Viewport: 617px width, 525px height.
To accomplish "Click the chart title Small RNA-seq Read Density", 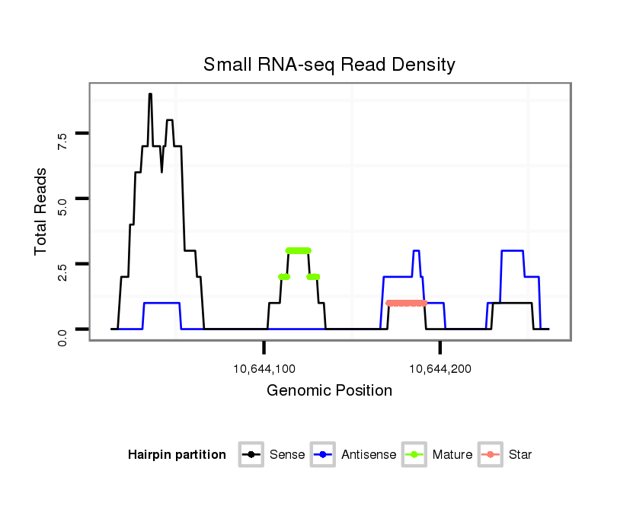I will pyautogui.click(x=329, y=65).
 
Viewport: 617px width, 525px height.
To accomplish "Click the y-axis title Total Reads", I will pyautogui.click(x=42, y=211).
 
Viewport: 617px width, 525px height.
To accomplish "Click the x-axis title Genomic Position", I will pyautogui.click(x=329, y=391).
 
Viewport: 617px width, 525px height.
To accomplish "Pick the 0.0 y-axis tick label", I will pyautogui.click(x=62, y=336).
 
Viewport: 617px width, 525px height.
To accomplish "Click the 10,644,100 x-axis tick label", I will pyautogui.click(x=264, y=370).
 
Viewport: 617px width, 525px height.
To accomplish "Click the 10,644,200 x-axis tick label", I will pyautogui.click(x=440, y=370).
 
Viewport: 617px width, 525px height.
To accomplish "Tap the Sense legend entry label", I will pyautogui.click(x=287, y=455).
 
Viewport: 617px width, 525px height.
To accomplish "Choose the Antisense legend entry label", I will pyautogui.click(x=368, y=455).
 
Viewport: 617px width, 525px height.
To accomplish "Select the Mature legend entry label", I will pyautogui.click(x=452, y=455).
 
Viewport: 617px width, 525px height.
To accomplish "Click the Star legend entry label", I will pyautogui.click(x=520, y=455).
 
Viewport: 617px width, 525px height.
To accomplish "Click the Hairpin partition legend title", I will pyautogui.click(x=177, y=455).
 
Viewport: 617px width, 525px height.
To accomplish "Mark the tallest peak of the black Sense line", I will pyautogui.click(x=150, y=94).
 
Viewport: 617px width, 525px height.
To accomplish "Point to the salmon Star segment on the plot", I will pyautogui.click(x=406, y=303).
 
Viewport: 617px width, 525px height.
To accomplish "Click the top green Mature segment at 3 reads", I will pyautogui.click(x=299, y=250).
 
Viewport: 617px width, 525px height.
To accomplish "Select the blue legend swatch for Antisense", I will pyautogui.click(x=324, y=455).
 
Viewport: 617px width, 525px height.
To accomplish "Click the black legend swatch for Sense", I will pyautogui.click(x=251, y=455).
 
